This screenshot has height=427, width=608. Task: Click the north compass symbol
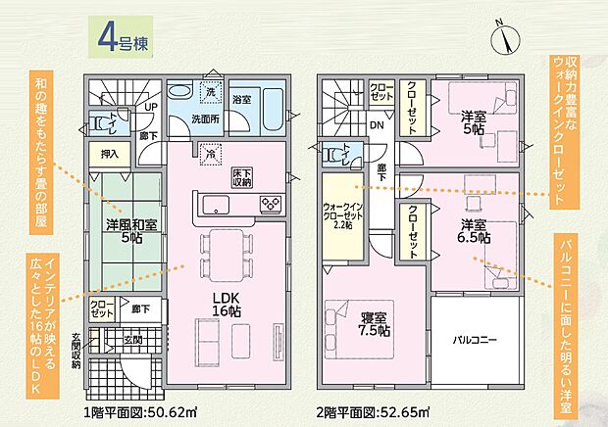pyautogui.click(x=505, y=36)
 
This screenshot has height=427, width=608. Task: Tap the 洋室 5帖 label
pyautogui.click(x=475, y=122)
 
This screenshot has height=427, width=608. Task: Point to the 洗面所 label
pyautogui.click(x=206, y=119)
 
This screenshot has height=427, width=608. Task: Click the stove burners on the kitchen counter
pyautogui.click(x=270, y=203)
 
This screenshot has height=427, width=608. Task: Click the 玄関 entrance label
pyautogui.click(x=133, y=340)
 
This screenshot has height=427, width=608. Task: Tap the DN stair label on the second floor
pyautogui.click(x=376, y=124)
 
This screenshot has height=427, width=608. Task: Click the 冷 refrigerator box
pyautogui.click(x=210, y=152)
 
